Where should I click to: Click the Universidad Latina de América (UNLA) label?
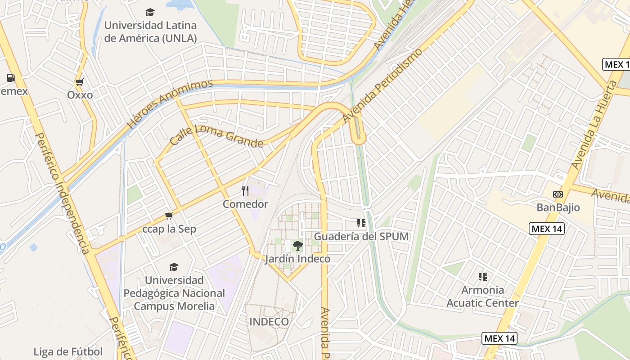[150, 31]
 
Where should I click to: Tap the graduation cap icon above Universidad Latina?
[150, 12]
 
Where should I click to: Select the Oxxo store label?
[80, 95]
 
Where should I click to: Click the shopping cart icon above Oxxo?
[80, 82]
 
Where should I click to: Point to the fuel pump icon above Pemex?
[11, 78]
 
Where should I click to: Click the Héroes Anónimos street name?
[170, 104]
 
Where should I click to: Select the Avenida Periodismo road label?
[382, 85]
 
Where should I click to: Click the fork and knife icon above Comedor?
[245, 190]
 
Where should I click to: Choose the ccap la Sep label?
[169, 229]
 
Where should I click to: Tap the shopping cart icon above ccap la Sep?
[169, 216]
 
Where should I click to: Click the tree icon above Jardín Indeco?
[297, 245]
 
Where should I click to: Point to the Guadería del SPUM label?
[361, 236]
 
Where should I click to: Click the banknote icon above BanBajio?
[558, 194]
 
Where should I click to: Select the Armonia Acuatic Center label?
[482, 296]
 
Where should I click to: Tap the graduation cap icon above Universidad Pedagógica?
[174, 267]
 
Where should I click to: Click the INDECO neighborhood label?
[269, 322]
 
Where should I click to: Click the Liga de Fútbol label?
[68, 351]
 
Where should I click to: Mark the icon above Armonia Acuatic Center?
[483, 276]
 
